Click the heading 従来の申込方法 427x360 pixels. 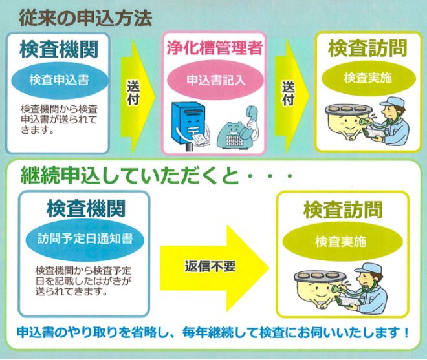(85, 18)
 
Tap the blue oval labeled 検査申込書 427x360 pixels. (60, 80)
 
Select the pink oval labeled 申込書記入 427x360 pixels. (215, 80)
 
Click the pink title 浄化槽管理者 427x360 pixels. (215, 48)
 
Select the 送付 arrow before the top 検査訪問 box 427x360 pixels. (291, 96)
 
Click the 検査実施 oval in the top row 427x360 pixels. (369, 78)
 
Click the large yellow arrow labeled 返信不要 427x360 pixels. (215, 268)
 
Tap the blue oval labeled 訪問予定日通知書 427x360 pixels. (85, 239)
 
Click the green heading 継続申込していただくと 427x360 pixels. (130, 176)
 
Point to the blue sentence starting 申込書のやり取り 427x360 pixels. (213, 332)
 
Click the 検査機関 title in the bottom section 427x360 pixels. (85, 209)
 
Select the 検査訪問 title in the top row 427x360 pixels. (367, 48)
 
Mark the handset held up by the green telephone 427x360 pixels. (252, 116)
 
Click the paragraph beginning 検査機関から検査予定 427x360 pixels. (83, 281)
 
